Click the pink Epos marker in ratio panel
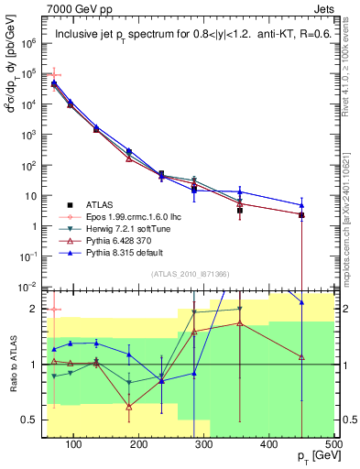tap(55, 310)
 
